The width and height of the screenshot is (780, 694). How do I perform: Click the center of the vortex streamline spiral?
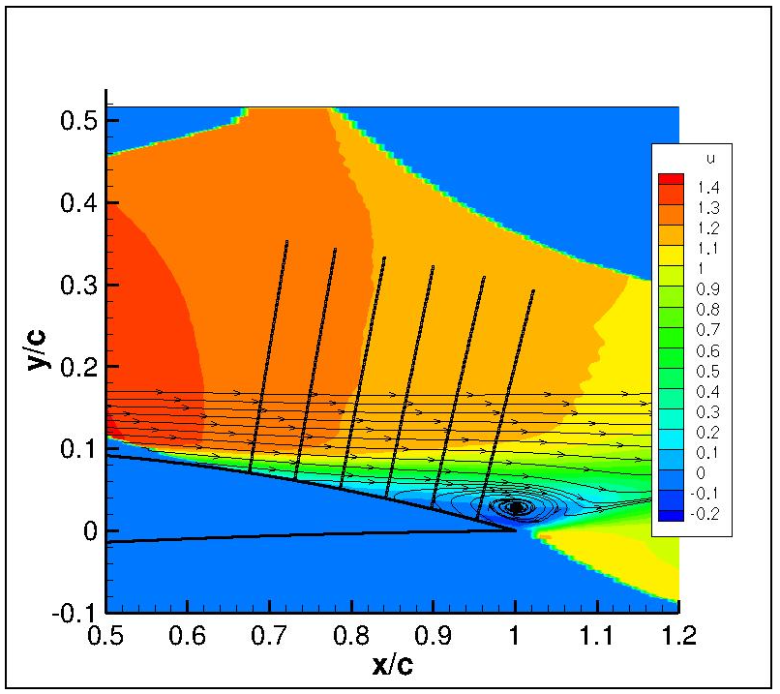[518, 507]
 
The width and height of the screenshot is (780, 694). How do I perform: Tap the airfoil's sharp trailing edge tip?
[516, 529]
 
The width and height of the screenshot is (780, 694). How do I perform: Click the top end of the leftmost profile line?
[286, 242]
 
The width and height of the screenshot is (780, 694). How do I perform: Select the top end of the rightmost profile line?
[533, 290]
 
